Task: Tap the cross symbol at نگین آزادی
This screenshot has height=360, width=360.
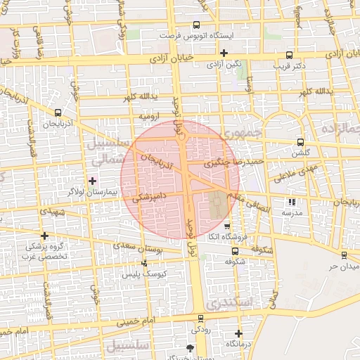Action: (x=224, y=53)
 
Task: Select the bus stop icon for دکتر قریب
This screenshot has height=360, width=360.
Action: (x=289, y=56)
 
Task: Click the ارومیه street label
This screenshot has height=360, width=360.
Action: (x=150, y=115)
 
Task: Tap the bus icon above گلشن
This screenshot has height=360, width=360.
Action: (x=301, y=141)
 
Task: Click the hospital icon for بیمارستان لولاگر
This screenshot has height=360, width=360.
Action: (x=92, y=181)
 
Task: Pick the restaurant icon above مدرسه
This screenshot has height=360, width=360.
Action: (x=292, y=202)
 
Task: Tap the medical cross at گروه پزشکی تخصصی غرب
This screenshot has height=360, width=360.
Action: (x=45, y=236)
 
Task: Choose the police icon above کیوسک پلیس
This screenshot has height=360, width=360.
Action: (x=144, y=263)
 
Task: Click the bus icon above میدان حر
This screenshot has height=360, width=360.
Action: (x=343, y=255)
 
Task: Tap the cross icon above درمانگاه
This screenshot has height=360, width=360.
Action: (x=238, y=333)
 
